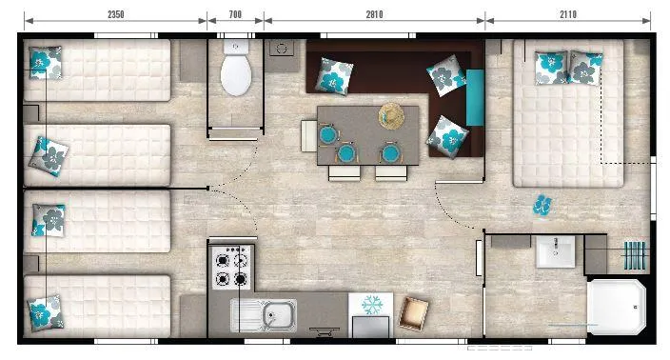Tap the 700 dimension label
pyautogui.click(x=235, y=13)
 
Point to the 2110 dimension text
pyautogui.click(x=568, y=13)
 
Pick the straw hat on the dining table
pyautogui.click(x=392, y=115)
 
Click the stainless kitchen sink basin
pyautogui.click(x=275, y=313)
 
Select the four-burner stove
pyautogui.click(x=230, y=268)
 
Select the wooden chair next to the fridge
pyautogui.click(x=413, y=310)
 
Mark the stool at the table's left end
pyautogui.click(x=309, y=134)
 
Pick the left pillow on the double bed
pyautogui.click(x=551, y=66)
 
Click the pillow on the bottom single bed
pyautogui.click(x=43, y=310)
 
